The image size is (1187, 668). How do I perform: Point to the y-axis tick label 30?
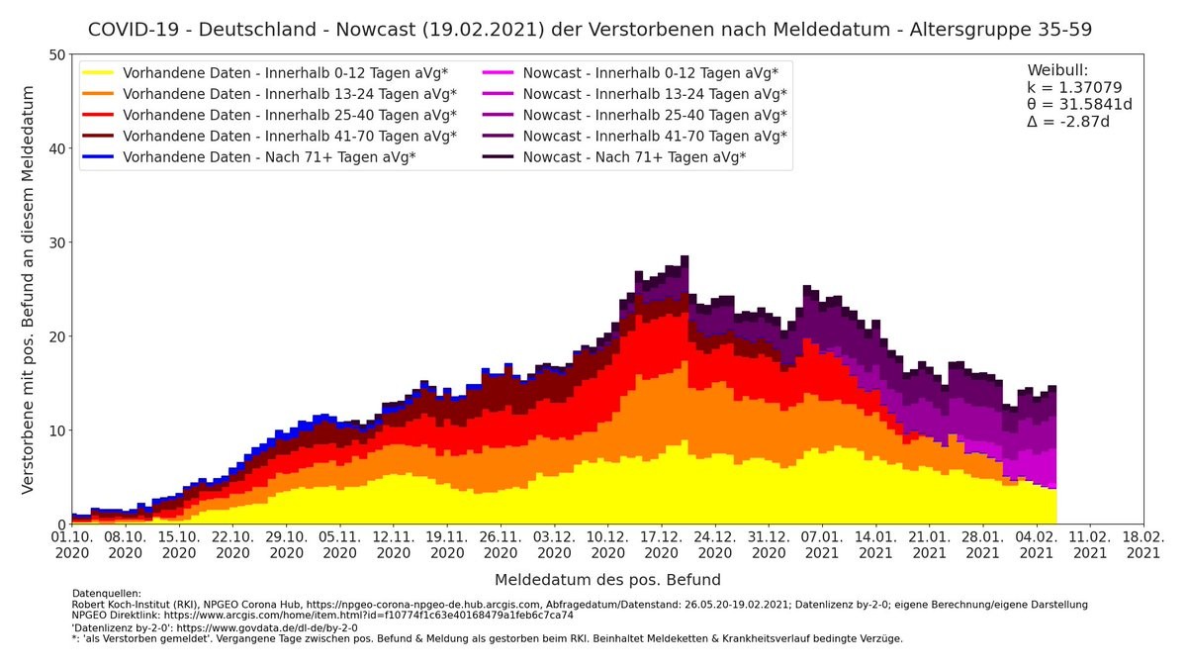56,242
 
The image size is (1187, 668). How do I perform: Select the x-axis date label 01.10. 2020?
72,545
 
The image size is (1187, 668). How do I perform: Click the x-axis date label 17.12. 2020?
662,545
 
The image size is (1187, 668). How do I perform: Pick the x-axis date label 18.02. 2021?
1143,545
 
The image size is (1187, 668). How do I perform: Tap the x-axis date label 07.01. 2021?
823,545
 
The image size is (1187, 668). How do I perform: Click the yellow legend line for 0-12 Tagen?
99,73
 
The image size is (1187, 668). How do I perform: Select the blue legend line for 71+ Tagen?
99,156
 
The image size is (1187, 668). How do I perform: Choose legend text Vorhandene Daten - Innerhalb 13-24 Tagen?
289,94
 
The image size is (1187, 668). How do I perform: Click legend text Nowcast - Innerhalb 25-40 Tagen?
655,115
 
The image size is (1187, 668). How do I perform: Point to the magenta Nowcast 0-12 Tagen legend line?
500,73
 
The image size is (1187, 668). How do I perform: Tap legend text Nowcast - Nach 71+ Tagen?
634,156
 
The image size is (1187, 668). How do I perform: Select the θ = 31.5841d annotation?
1079,105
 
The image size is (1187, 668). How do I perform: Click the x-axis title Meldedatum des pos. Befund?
607,580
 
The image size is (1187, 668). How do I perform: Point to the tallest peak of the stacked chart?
685,257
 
